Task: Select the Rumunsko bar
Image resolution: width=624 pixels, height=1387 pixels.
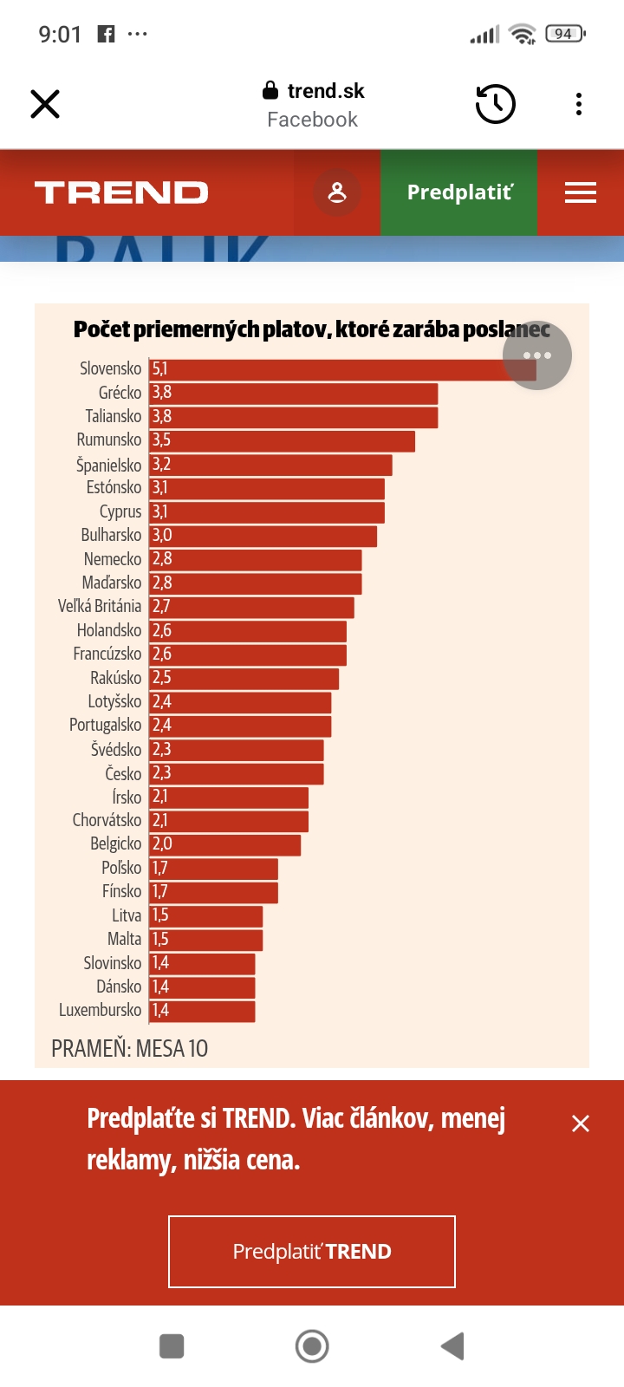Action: (x=282, y=440)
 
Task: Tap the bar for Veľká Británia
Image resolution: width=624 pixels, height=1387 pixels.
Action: (x=251, y=607)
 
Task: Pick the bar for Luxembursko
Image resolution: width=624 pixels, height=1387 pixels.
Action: (x=202, y=1011)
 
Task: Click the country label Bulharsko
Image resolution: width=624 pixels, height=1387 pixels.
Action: (x=111, y=535)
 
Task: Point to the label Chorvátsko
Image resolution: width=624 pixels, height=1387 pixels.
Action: (x=107, y=820)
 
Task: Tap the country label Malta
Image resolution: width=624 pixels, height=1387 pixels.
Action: (x=124, y=939)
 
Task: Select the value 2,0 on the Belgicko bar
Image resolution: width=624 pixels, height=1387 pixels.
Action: (x=162, y=844)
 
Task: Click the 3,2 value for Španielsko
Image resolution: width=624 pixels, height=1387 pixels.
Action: (x=162, y=465)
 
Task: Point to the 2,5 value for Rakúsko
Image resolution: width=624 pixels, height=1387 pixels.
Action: (x=162, y=678)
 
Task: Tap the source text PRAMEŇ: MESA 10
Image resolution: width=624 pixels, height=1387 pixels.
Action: (x=129, y=1049)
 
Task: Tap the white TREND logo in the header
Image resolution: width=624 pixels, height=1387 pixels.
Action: (x=121, y=192)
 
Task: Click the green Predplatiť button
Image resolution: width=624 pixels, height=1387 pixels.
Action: (x=459, y=192)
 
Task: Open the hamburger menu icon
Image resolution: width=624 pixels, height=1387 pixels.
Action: (x=581, y=192)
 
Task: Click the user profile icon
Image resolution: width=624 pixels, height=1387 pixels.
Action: (x=337, y=192)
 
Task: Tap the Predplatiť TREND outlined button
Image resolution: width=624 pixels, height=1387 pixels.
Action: (x=312, y=1252)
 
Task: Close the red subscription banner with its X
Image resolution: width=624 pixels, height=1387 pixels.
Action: (x=581, y=1123)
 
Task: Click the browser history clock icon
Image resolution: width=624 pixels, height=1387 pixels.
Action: (x=496, y=104)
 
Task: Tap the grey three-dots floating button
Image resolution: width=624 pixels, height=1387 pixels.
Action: (x=537, y=355)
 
